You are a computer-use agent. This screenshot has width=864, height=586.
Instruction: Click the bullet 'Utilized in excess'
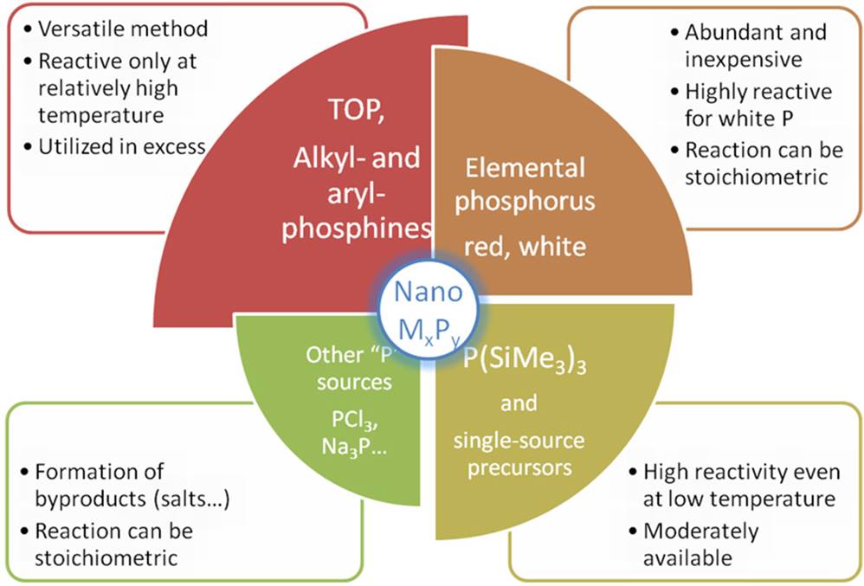(x=120, y=145)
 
